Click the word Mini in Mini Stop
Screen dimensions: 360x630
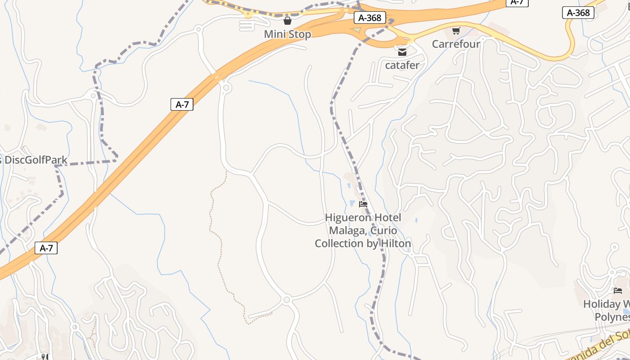coord(275,34)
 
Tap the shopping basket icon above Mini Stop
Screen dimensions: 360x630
coord(288,21)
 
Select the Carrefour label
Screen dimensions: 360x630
coord(456,44)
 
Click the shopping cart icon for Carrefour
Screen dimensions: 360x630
coord(456,31)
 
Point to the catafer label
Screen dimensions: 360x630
coord(402,65)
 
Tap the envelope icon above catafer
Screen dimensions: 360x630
coord(402,52)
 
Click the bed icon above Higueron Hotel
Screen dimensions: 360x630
coord(363,204)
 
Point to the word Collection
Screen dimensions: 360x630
coord(341,243)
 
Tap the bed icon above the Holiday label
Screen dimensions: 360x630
coord(618,291)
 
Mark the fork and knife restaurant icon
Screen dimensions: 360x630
coord(45,357)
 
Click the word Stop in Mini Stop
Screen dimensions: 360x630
coord(300,34)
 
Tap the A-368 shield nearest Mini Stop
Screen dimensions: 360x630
coord(370,18)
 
